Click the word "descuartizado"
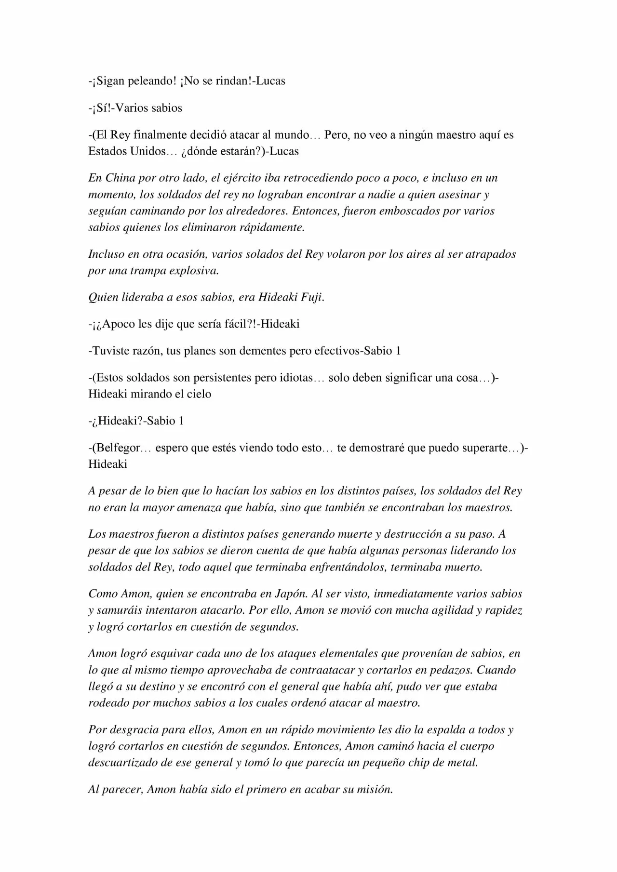[x=124, y=763]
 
